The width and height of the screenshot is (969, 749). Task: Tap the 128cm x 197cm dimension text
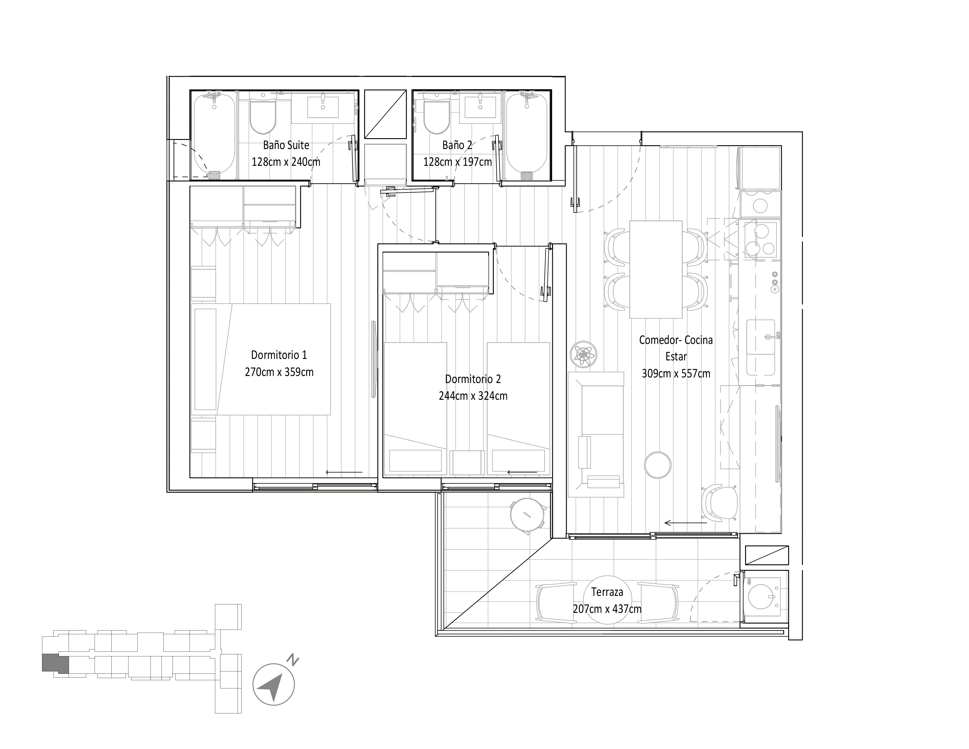457,162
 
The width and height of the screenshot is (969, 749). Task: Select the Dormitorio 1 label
279,355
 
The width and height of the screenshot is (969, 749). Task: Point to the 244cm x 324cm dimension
473,396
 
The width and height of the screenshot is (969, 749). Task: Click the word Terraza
607,592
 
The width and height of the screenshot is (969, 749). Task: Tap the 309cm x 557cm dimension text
676,374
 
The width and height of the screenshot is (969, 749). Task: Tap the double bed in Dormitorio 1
275,360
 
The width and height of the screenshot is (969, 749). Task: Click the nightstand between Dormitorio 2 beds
467,463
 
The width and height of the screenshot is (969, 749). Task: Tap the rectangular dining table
655,269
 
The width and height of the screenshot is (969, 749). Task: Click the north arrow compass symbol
274,684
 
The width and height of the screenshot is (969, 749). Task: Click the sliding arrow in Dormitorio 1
344,472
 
